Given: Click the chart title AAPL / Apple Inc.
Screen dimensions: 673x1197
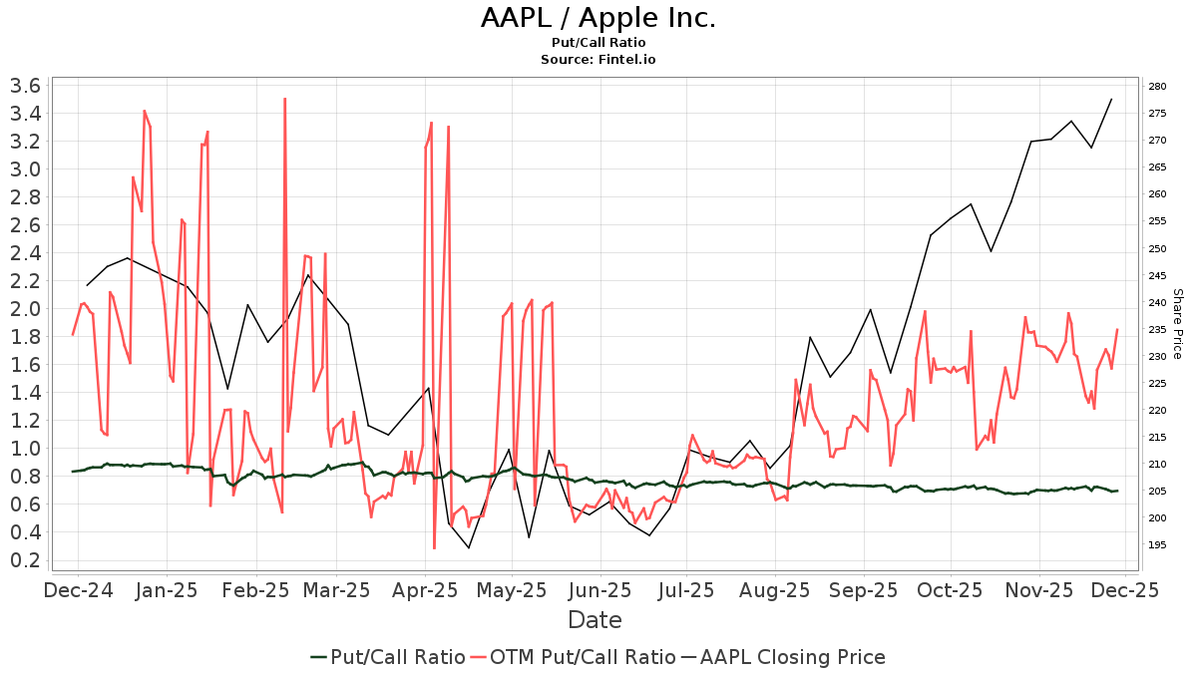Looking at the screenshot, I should (598, 18).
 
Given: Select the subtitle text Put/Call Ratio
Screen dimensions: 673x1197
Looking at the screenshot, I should (598, 42).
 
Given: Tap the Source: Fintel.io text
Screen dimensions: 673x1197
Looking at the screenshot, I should (598, 59).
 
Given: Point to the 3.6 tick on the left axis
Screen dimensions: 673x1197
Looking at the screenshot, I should (24, 86).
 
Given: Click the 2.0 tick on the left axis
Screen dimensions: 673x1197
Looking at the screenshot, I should (24, 309).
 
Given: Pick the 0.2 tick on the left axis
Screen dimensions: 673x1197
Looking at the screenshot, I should (24, 560).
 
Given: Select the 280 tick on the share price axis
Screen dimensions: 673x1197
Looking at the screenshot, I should (1158, 87).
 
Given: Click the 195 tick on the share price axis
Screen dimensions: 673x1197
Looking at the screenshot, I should (1158, 545).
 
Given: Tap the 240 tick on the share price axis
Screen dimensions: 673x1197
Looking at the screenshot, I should (1158, 302).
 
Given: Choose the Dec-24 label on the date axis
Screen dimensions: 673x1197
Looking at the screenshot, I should (79, 590).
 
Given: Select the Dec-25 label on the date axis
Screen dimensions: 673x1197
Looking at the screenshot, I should (1126, 590).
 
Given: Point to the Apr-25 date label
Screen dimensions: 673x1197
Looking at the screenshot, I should (425, 590).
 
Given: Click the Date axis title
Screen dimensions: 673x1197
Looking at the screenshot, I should (595, 620).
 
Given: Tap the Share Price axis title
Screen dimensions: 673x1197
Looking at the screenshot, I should (1177, 324).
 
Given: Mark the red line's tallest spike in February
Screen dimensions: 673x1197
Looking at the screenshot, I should (285, 99).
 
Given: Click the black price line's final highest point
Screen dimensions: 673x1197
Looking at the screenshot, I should (1111, 99).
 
